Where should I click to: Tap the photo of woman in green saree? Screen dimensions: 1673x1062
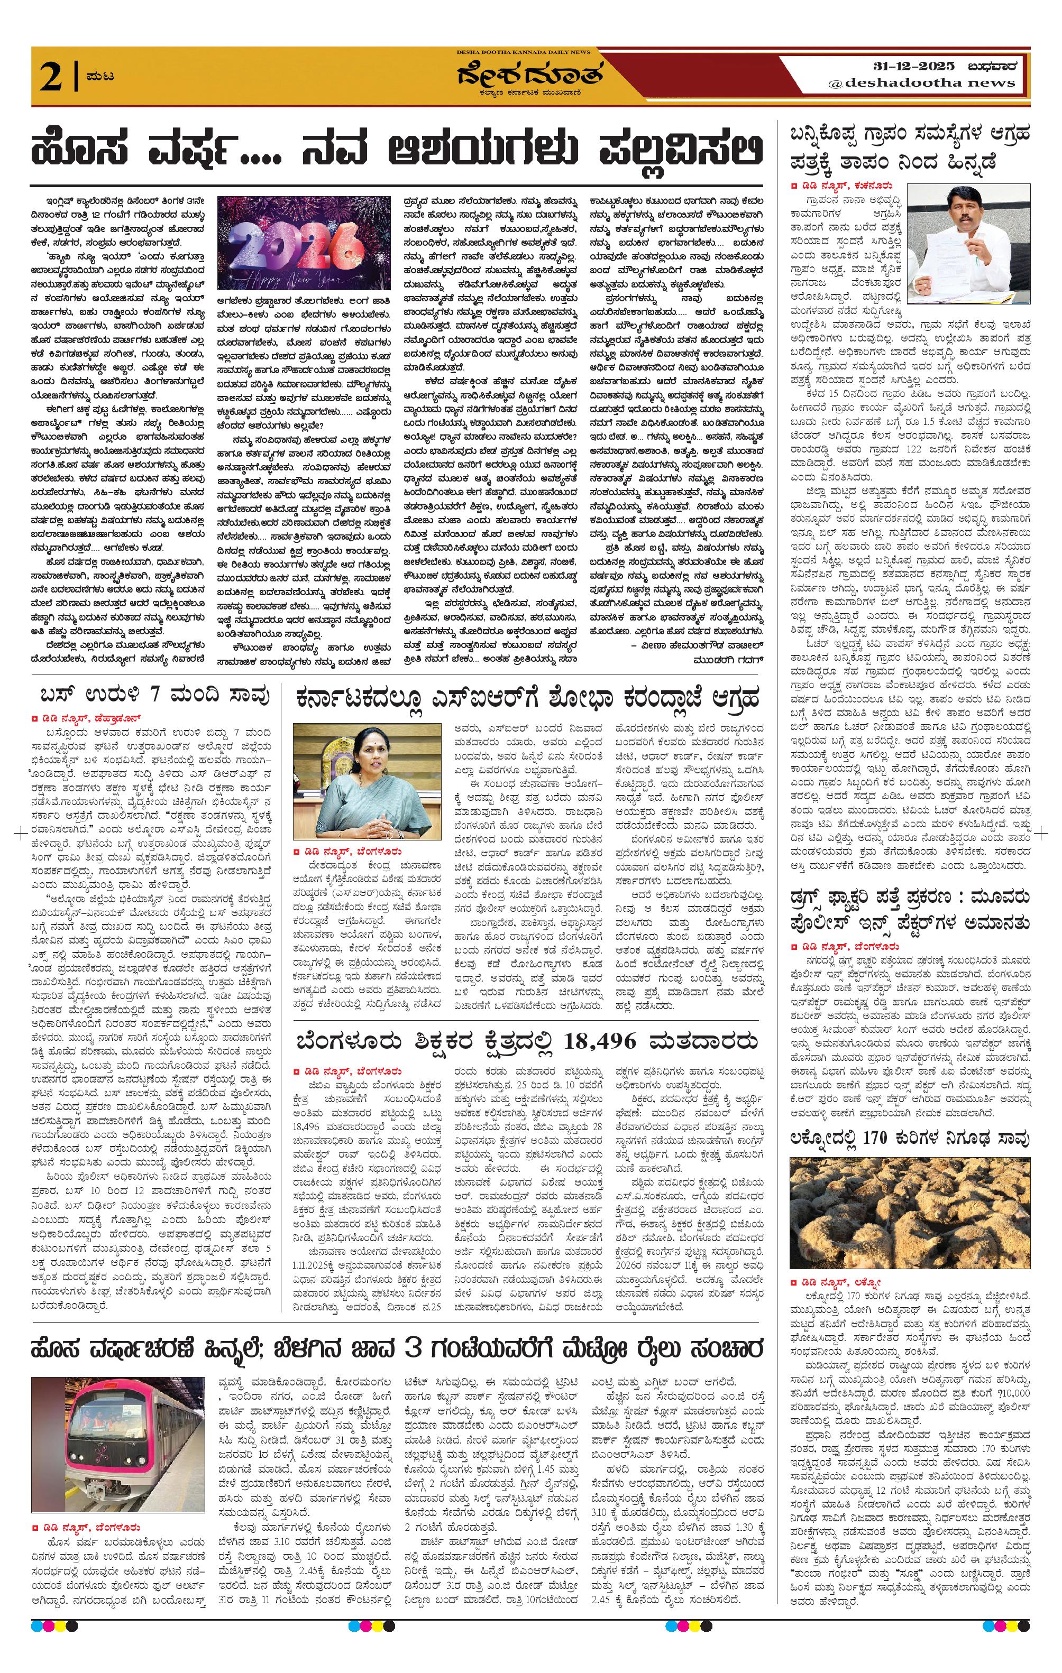pos(367,782)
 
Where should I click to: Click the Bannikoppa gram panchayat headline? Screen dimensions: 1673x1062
pos(909,146)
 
